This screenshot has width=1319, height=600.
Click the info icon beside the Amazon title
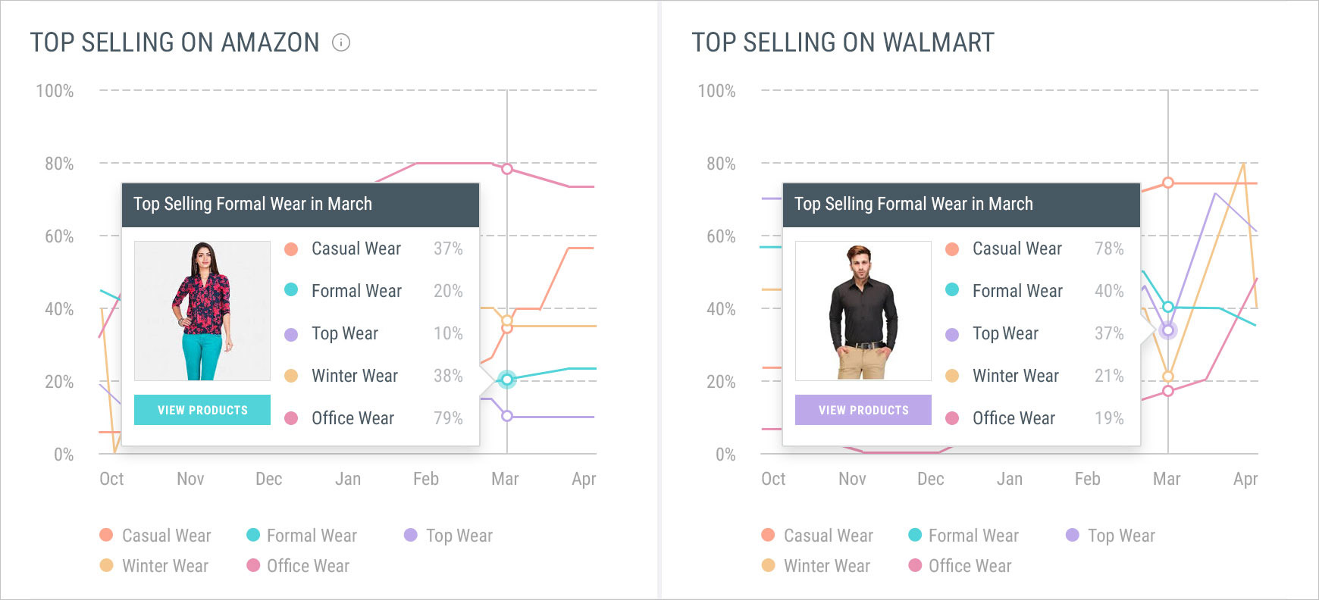pos(341,42)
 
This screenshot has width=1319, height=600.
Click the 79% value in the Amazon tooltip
pos(448,418)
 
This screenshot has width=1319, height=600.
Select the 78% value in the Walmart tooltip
pos(1109,248)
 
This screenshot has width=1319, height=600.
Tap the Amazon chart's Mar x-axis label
pos(505,479)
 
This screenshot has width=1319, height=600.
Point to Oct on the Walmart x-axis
pos(773,479)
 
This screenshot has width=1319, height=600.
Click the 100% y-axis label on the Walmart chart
pos(716,91)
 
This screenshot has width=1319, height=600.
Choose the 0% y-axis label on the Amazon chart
pos(64,455)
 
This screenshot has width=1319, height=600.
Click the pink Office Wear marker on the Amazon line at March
pos(507,169)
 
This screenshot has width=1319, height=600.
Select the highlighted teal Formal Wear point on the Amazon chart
pos(507,379)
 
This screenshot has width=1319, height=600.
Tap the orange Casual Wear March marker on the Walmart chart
pos(1168,183)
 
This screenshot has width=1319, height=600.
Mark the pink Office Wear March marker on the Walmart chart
pos(1168,391)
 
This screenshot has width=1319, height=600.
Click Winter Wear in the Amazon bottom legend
pos(164,566)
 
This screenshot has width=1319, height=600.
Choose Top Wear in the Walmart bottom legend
pos(1120,536)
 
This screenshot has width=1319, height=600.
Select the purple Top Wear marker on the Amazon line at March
pos(507,416)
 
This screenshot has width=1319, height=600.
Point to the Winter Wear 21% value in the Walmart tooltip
pos(1109,376)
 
